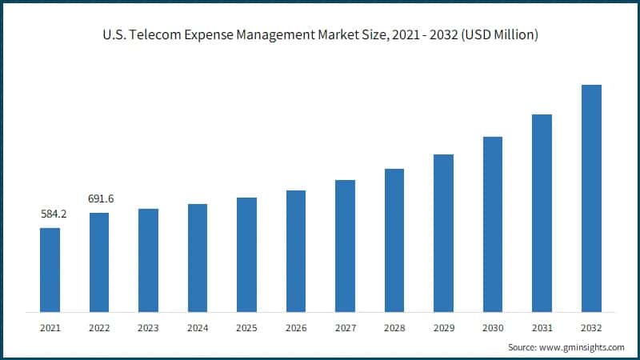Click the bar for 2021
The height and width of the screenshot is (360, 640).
(50, 270)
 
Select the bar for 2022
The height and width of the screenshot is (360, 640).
(99, 262)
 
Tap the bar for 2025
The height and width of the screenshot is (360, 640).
(246, 254)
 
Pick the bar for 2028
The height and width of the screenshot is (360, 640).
(394, 240)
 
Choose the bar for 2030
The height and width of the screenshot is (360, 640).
(493, 224)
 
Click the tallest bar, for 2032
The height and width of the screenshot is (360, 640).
(591, 198)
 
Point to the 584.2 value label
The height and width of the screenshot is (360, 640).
(53, 214)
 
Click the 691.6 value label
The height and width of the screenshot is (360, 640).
(101, 198)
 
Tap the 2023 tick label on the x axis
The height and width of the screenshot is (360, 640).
(148, 327)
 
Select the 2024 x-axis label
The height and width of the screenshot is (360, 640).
(198, 327)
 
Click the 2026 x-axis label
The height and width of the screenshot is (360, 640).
(296, 327)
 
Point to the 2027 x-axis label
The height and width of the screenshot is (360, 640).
(345, 327)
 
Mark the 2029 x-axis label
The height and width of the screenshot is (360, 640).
(443, 327)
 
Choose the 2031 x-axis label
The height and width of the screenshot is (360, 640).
(542, 327)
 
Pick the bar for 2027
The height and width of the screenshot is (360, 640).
(345, 246)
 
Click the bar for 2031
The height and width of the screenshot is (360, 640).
(542, 213)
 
